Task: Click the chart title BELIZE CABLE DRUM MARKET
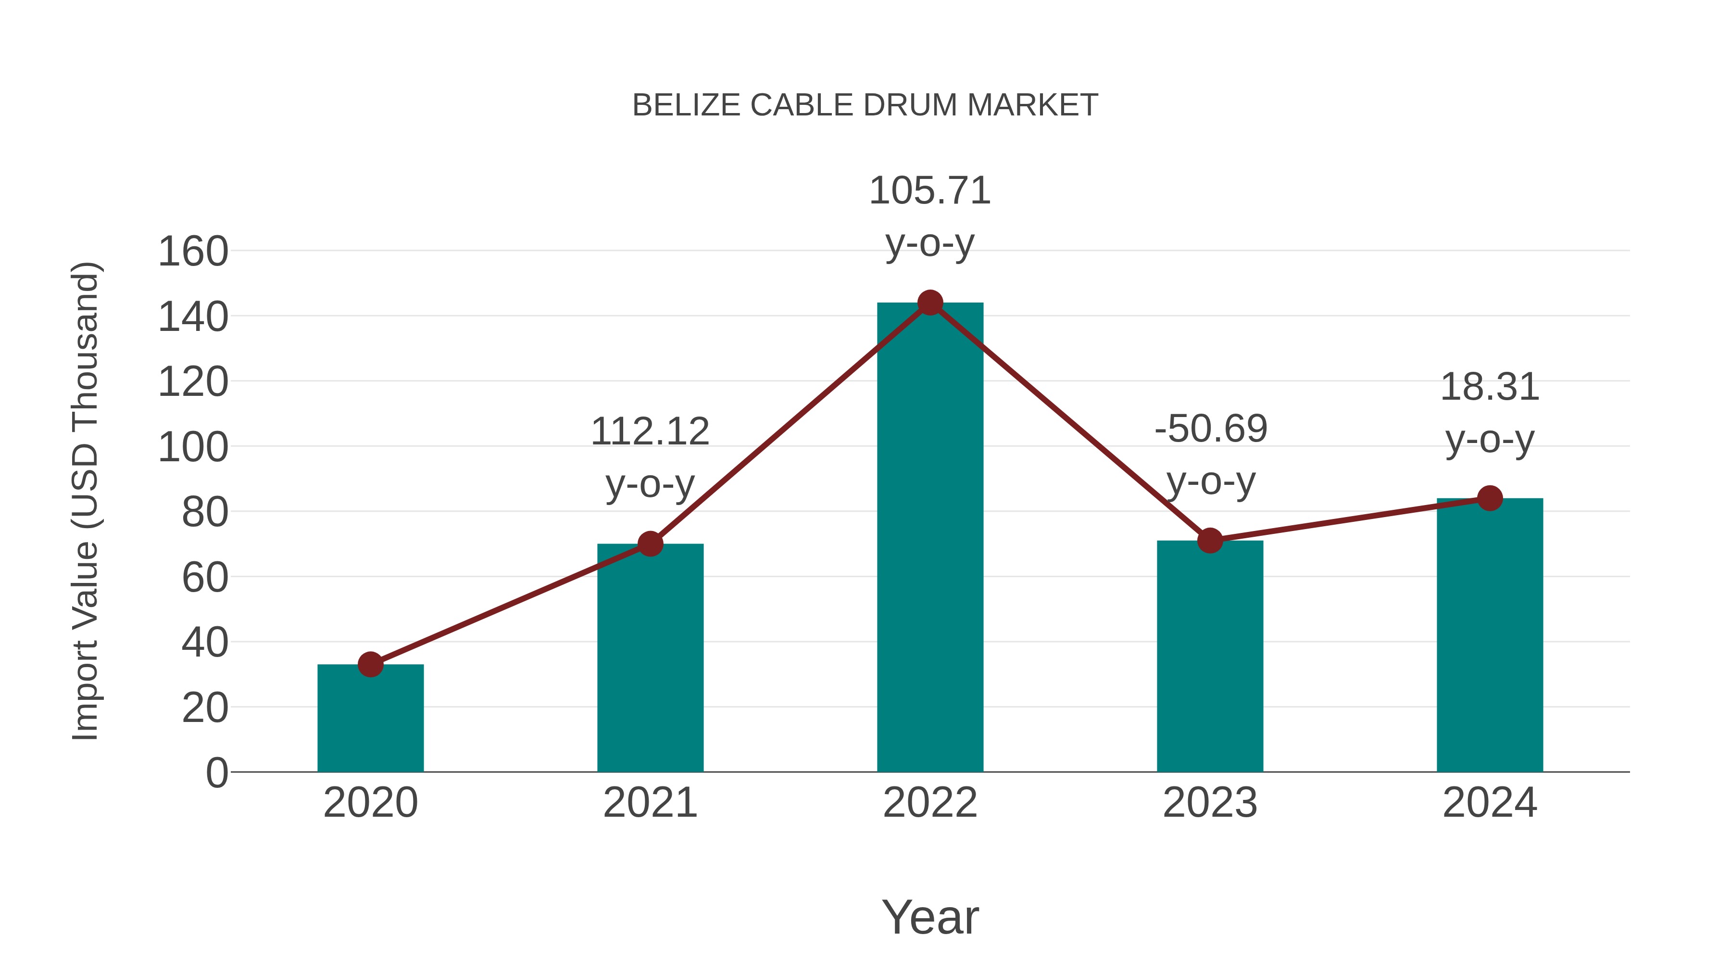865,105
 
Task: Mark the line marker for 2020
370,664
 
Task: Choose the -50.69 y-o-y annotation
1211,455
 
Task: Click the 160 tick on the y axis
193,252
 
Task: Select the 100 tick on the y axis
193,448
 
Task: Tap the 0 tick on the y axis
216,773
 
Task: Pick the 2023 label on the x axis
1210,803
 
